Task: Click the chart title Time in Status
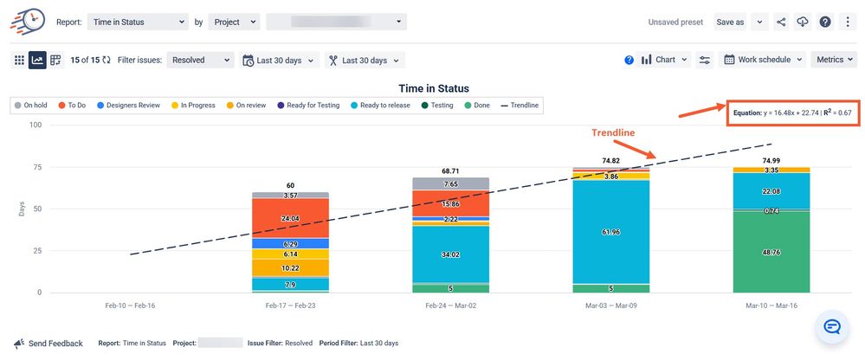pos(434,88)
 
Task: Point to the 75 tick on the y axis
pos(36,167)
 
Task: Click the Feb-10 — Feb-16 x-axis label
pos(131,305)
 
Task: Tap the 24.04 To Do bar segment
pos(290,218)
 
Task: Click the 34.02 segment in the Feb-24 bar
pos(450,254)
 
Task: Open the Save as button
pos(729,22)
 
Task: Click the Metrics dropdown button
pos(834,60)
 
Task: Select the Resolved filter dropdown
pos(201,60)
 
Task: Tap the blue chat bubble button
pos(832,327)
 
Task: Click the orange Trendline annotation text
pos(613,132)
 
